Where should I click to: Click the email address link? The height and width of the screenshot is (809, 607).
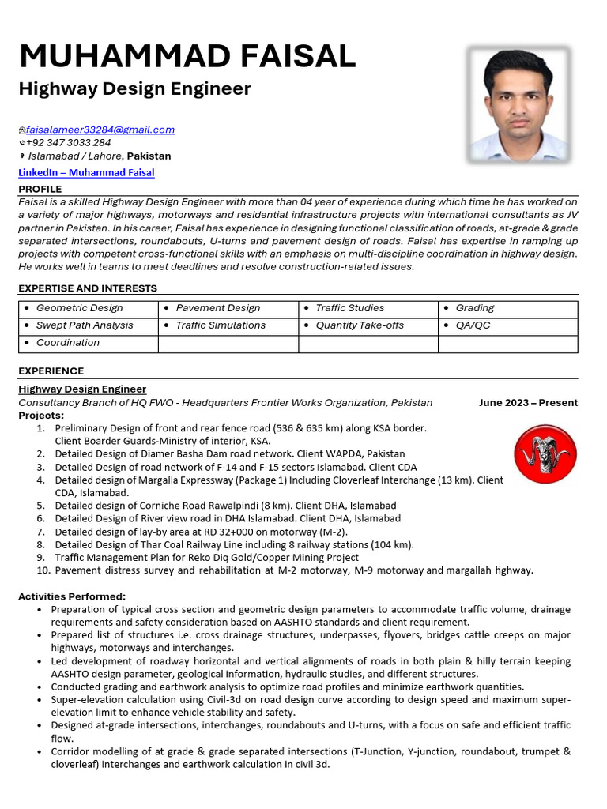[100, 130]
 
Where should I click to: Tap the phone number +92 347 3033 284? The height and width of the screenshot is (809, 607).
[69, 143]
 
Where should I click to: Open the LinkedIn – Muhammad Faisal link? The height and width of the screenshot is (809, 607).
[86, 172]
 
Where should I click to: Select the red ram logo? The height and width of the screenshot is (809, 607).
[545, 454]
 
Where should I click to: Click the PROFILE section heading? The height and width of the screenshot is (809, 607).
[40, 190]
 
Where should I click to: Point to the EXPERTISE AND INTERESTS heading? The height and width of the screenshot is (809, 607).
[88, 288]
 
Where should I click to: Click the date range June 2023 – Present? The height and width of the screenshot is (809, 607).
[528, 403]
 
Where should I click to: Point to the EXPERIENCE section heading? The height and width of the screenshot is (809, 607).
[51, 371]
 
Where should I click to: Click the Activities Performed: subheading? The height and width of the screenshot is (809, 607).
[72, 596]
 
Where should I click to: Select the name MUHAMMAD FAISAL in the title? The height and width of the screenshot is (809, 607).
[187, 56]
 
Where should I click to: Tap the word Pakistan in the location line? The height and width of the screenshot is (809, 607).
[149, 156]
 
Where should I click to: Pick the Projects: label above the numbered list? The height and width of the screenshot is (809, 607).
[41, 416]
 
